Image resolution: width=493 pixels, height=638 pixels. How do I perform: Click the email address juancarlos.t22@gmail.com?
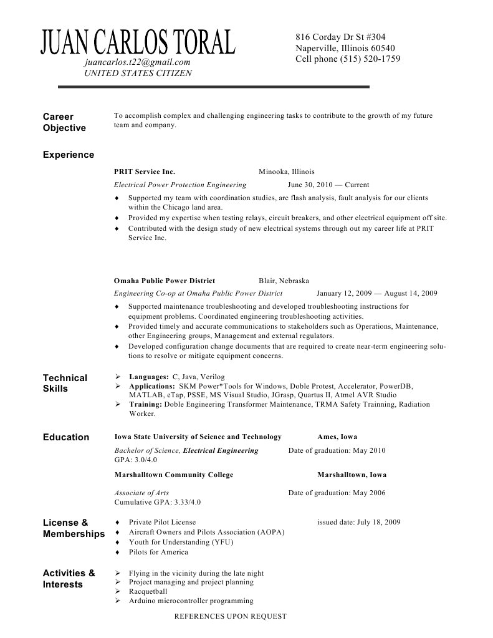[x=137, y=62]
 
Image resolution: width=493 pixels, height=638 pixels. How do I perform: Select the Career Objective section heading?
[x=64, y=122]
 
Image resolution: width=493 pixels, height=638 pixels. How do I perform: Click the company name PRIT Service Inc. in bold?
[x=145, y=172]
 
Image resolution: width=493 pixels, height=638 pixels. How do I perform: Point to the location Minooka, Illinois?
[x=287, y=172]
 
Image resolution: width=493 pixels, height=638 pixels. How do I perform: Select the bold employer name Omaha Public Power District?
[x=165, y=281]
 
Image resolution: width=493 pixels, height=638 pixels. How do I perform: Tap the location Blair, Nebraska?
[x=284, y=281]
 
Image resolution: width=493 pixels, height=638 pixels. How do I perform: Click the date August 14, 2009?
[x=411, y=293]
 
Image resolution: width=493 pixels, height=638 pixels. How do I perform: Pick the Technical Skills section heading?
[x=65, y=383]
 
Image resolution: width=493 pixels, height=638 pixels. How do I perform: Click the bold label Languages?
[x=149, y=377]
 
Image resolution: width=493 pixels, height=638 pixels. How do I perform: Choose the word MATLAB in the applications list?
[x=144, y=395]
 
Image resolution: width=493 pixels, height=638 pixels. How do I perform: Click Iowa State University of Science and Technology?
[x=198, y=437]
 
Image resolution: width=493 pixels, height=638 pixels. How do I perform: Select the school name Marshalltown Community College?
[x=174, y=475]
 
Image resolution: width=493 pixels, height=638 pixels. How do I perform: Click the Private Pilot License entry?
[x=162, y=522]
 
